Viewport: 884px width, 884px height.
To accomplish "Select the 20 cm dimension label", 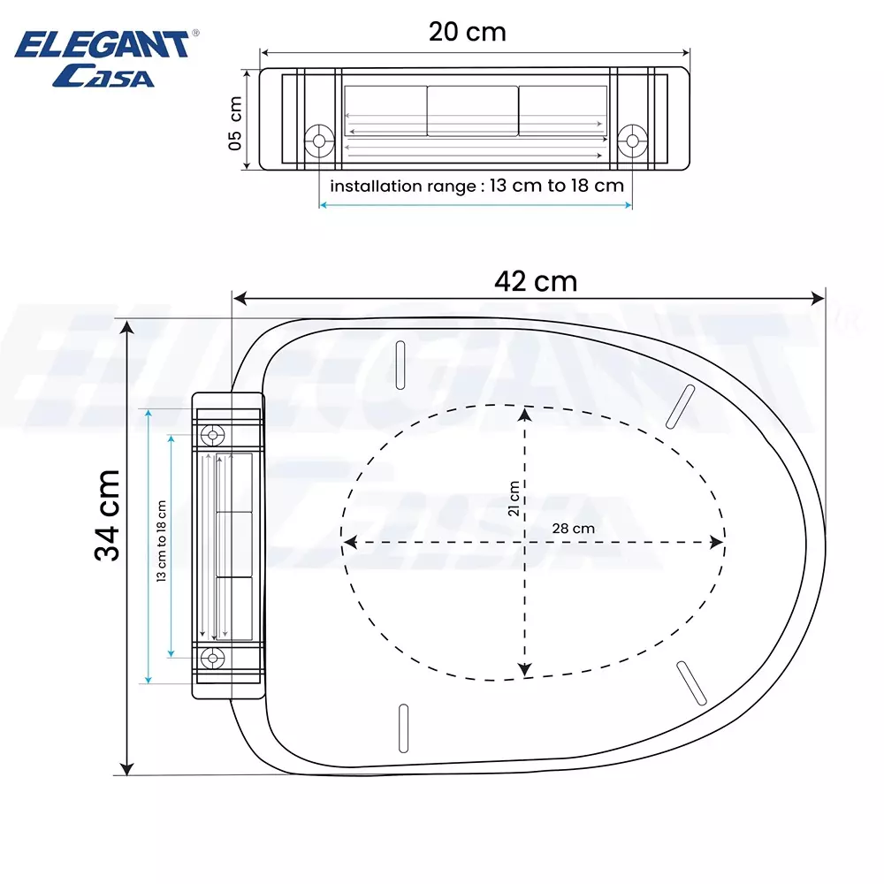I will tap(468, 32).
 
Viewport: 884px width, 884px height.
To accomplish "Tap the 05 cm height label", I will tap(235, 122).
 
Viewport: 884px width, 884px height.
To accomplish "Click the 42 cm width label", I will tap(536, 281).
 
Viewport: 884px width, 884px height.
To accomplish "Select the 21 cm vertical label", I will tap(513, 499).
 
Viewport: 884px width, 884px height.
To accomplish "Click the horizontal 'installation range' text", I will tap(476, 186).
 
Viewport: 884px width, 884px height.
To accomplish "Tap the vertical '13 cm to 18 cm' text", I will tap(162, 540).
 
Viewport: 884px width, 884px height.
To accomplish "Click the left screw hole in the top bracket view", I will tap(318, 140).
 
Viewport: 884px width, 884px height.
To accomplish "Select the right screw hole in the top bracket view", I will tap(631, 140).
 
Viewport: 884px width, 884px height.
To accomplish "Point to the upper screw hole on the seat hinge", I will tap(212, 434).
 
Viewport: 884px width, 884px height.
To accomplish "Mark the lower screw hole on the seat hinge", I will tap(212, 657).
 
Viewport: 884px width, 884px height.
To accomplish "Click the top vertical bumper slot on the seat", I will tap(400, 363).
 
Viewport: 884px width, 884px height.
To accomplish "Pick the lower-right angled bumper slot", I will tap(691, 683).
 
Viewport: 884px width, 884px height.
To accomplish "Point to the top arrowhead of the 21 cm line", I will tap(526, 413).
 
